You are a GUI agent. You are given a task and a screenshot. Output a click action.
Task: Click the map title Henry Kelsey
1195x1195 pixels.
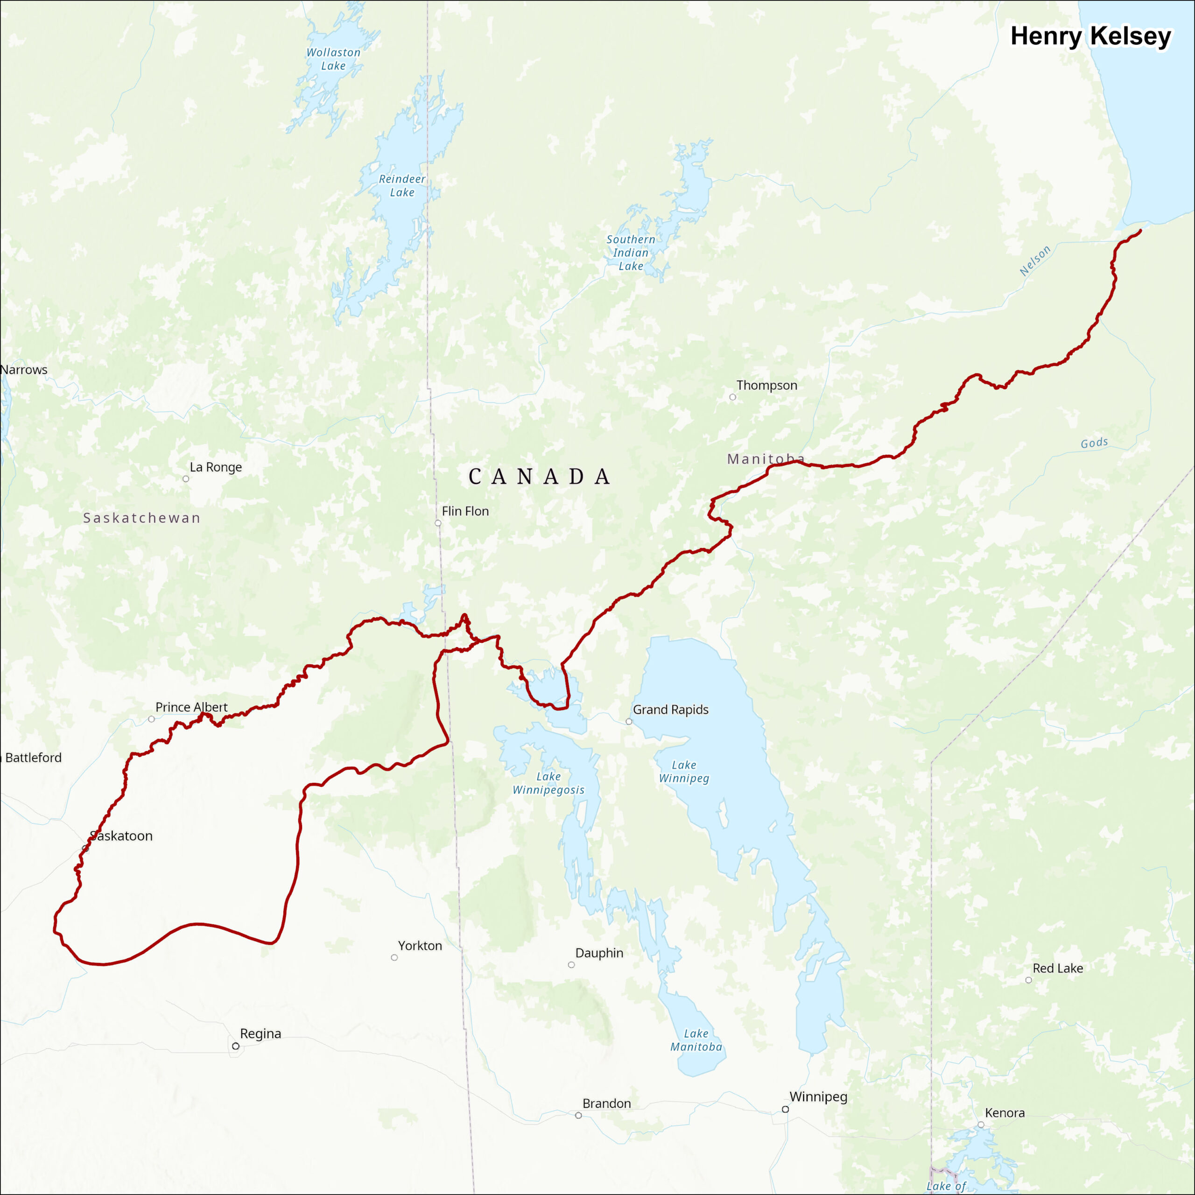(x=1090, y=36)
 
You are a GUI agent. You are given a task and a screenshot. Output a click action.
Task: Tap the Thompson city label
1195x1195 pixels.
(x=766, y=386)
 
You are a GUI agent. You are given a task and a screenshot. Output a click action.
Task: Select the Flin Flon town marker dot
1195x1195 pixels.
(x=438, y=523)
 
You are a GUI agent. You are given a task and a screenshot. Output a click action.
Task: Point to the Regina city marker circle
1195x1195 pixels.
(x=236, y=1046)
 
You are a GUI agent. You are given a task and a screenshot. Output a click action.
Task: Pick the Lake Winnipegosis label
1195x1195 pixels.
(x=548, y=783)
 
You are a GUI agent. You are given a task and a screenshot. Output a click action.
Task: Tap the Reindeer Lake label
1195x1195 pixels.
(x=402, y=186)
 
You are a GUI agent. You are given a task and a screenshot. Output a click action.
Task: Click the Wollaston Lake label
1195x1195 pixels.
(x=333, y=59)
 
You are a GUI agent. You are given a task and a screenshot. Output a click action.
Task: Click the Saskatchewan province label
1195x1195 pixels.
(x=141, y=518)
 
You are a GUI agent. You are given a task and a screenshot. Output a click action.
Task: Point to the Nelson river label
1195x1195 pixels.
(x=1035, y=260)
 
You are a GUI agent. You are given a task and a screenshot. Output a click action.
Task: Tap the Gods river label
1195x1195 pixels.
(x=1094, y=443)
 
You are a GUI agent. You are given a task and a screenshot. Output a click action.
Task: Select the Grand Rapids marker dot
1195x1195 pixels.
(x=629, y=721)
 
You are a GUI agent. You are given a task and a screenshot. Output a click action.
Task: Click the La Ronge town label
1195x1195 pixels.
(x=215, y=467)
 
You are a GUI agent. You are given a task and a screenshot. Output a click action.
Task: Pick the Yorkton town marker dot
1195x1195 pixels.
(x=394, y=957)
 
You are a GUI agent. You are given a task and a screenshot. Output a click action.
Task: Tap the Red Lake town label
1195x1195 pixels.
(x=1058, y=968)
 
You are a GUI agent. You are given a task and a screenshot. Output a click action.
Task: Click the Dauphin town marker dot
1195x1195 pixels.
(x=571, y=965)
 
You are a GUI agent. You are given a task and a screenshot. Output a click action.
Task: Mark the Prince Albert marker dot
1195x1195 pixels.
(x=152, y=719)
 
